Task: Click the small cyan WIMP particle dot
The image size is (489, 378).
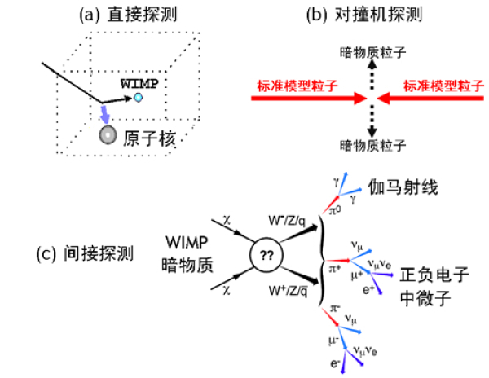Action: click(139, 98)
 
